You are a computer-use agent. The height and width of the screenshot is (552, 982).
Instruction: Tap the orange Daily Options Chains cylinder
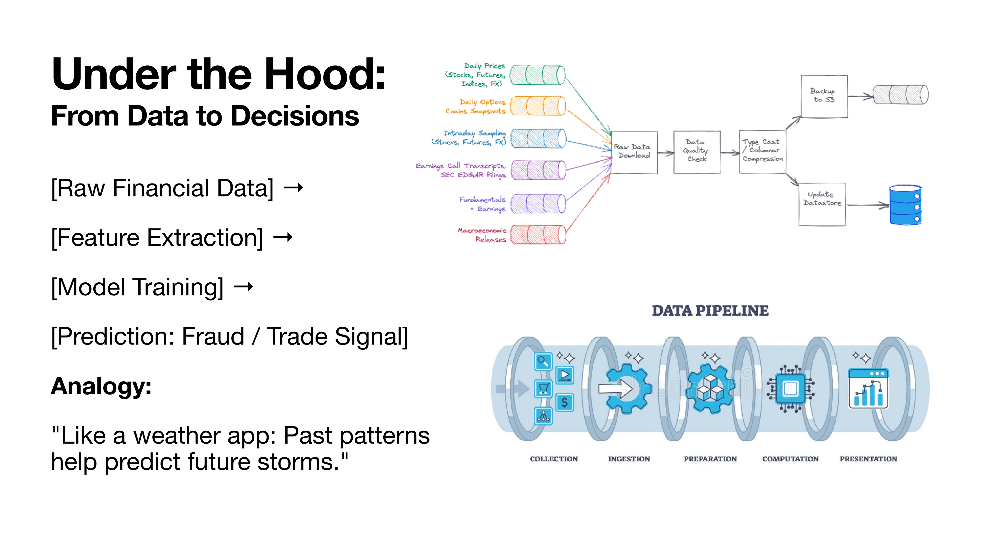(x=538, y=106)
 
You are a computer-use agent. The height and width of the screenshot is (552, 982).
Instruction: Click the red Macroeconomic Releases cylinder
(x=538, y=235)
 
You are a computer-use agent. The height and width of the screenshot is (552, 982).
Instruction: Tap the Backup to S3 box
(x=824, y=96)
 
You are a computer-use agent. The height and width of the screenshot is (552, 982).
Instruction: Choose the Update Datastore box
(x=822, y=204)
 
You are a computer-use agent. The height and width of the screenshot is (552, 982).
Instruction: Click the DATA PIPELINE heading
(x=710, y=311)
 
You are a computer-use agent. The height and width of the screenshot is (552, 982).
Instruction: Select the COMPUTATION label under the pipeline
(x=790, y=459)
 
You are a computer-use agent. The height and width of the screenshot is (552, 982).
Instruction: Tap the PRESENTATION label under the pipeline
(x=868, y=459)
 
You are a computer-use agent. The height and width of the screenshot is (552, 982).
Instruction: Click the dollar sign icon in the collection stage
(x=565, y=402)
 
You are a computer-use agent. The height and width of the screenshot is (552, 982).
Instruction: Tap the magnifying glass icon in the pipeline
(x=543, y=361)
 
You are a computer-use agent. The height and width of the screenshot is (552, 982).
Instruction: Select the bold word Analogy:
(x=101, y=386)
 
